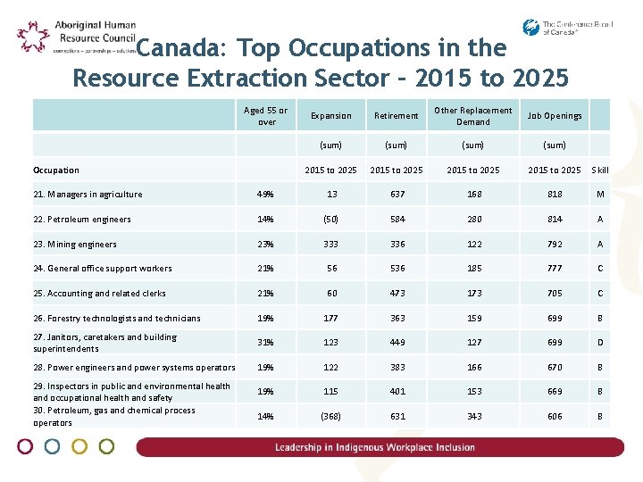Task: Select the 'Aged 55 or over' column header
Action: click(x=266, y=116)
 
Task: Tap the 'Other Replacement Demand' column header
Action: click(x=472, y=116)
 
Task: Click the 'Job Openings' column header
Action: click(x=554, y=116)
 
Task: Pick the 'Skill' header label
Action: click(x=601, y=170)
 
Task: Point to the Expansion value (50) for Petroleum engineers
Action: click(x=331, y=220)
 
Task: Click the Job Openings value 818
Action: click(x=554, y=195)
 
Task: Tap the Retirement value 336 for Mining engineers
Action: click(x=397, y=245)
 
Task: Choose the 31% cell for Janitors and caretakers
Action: click(x=265, y=343)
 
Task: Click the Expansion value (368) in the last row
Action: click(x=331, y=417)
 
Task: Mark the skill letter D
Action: click(x=600, y=343)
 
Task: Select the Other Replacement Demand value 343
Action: click(x=472, y=417)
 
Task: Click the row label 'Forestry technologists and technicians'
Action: click(x=117, y=318)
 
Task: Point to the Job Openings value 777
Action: click(x=554, y=269)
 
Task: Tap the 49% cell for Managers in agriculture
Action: click(x=265, y=195)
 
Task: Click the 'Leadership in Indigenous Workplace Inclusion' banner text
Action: click(x=375, y=447)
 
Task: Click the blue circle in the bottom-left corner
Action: click(x=53, y=446)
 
